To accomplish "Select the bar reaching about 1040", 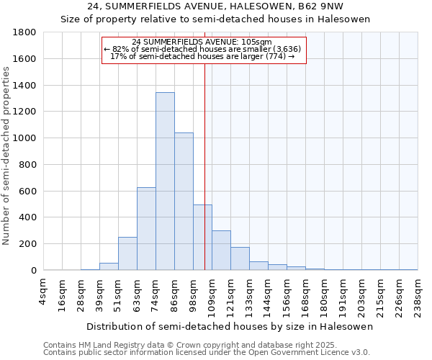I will click(x=184, y=202).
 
